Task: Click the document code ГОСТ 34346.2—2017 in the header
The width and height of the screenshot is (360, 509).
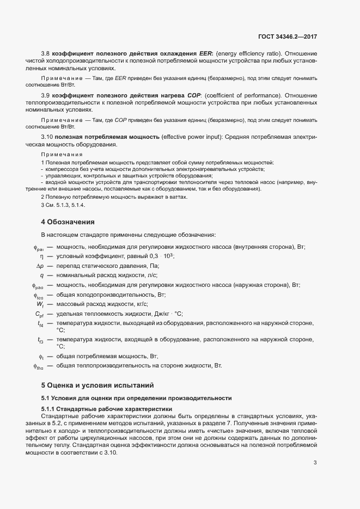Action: [x=287, y=37]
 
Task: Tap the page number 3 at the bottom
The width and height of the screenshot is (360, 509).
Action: [x=315, y=448]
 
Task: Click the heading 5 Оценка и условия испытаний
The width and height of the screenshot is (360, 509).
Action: [x=98, y=385]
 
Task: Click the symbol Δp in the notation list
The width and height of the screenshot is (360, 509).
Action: [x=40, y=266]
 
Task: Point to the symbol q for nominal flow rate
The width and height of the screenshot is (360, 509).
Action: [x=41, y=275]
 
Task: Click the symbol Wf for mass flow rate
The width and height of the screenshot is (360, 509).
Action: [x=40, y=304]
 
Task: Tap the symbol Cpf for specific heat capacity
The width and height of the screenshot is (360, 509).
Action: [x=39, y=314]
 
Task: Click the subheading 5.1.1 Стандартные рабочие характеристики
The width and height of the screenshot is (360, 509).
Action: [x=107, y=408]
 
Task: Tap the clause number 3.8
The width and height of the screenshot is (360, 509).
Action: [x=45, y=53]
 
